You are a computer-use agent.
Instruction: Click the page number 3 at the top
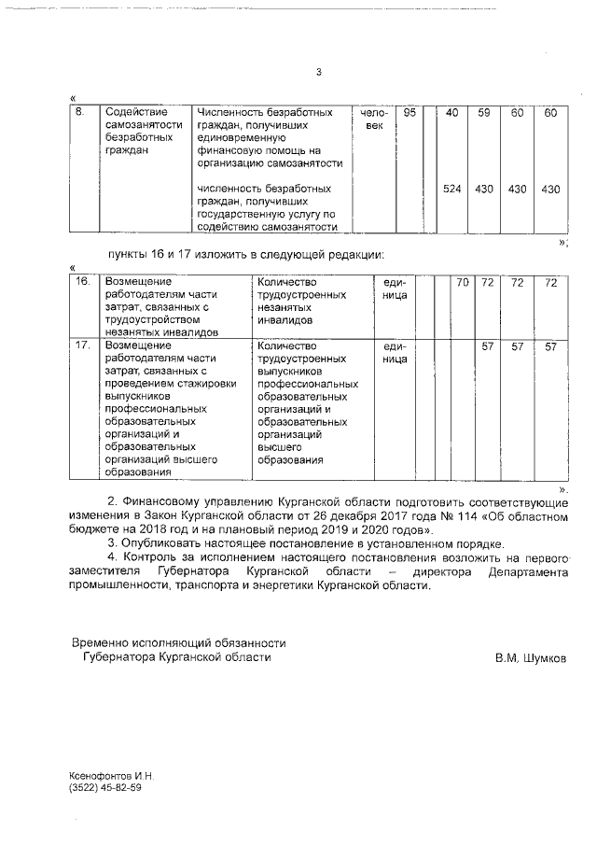click(318, 73)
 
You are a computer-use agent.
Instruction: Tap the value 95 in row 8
click(409, 113)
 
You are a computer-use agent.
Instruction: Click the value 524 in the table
click(452, 190)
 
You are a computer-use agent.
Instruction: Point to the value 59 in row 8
click(484, 113)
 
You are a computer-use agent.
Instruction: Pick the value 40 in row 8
click(452, 113)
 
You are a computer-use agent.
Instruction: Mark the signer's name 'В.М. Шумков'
click(531, 657)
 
